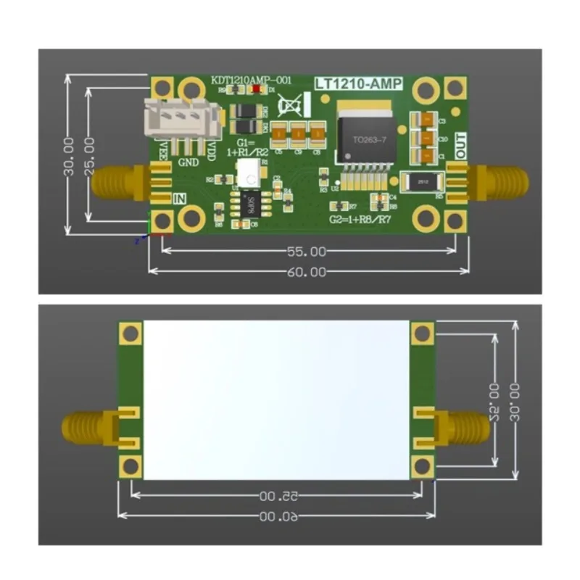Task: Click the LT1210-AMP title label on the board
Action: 357,85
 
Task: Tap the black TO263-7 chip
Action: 365,138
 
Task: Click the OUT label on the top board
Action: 460,149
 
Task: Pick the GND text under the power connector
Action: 188,161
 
